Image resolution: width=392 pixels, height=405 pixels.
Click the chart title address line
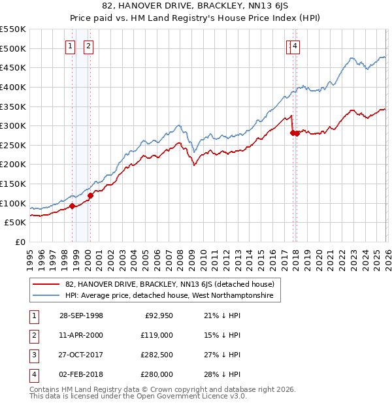tap(196, 7)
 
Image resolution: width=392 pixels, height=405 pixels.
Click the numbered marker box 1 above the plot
tap(71, 46)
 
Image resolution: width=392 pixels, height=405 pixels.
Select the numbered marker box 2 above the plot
tap(88, 46)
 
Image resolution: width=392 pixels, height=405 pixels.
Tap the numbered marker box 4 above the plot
tap(295, 46)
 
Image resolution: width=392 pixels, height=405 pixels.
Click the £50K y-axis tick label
tap(15, 222)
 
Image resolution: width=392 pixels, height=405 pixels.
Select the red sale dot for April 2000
tap(90, 195)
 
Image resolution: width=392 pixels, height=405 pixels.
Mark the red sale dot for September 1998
tap(73, 206)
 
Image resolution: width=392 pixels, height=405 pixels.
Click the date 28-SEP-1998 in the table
tap(81, 316)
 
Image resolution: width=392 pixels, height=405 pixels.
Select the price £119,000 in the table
tap(157, 335)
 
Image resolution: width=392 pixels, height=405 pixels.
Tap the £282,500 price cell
tap(157, 355)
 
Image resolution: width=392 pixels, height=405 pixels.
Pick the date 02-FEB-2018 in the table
tap(81, 374)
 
